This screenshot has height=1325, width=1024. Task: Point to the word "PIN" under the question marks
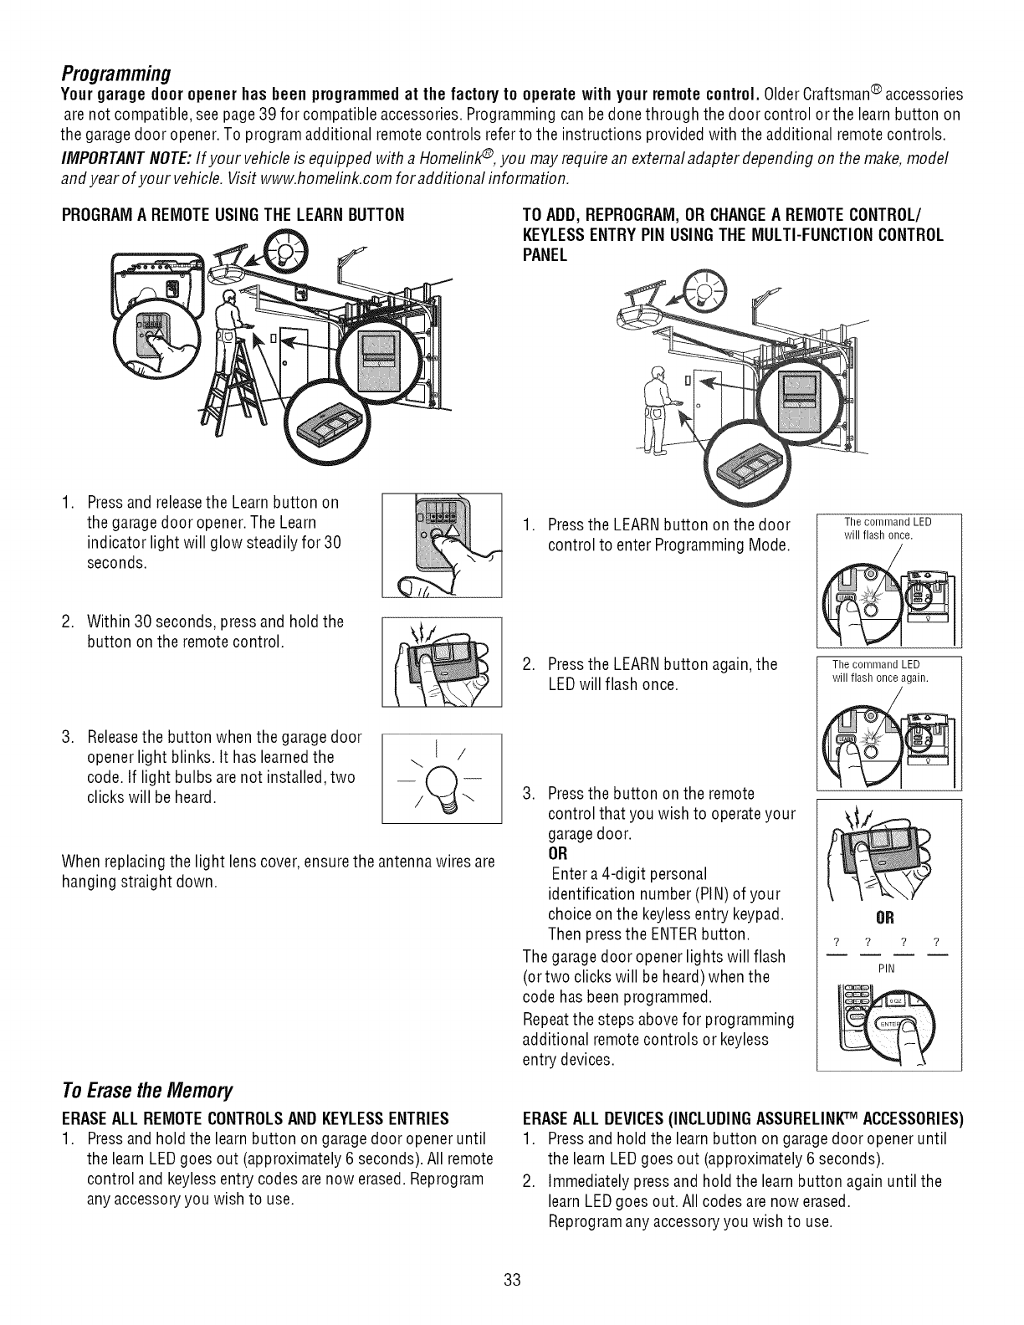click(886, 968)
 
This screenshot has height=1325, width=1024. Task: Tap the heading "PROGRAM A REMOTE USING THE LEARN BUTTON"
click(233, 214)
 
